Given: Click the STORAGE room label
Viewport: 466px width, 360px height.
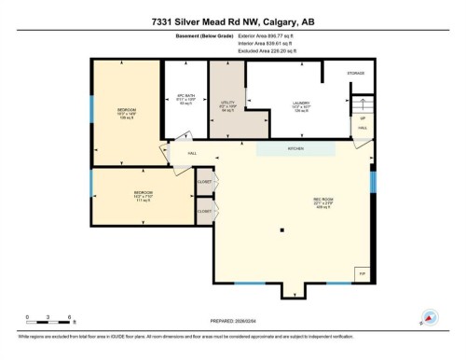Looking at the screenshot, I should pos(356,73).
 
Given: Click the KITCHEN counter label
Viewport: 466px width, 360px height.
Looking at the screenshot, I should pos(295,148).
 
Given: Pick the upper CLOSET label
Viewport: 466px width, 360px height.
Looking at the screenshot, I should pos(202,183).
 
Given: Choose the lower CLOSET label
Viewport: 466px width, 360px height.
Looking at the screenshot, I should pos(202,213).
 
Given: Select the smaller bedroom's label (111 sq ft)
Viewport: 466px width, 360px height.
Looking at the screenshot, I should pos(143,196).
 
